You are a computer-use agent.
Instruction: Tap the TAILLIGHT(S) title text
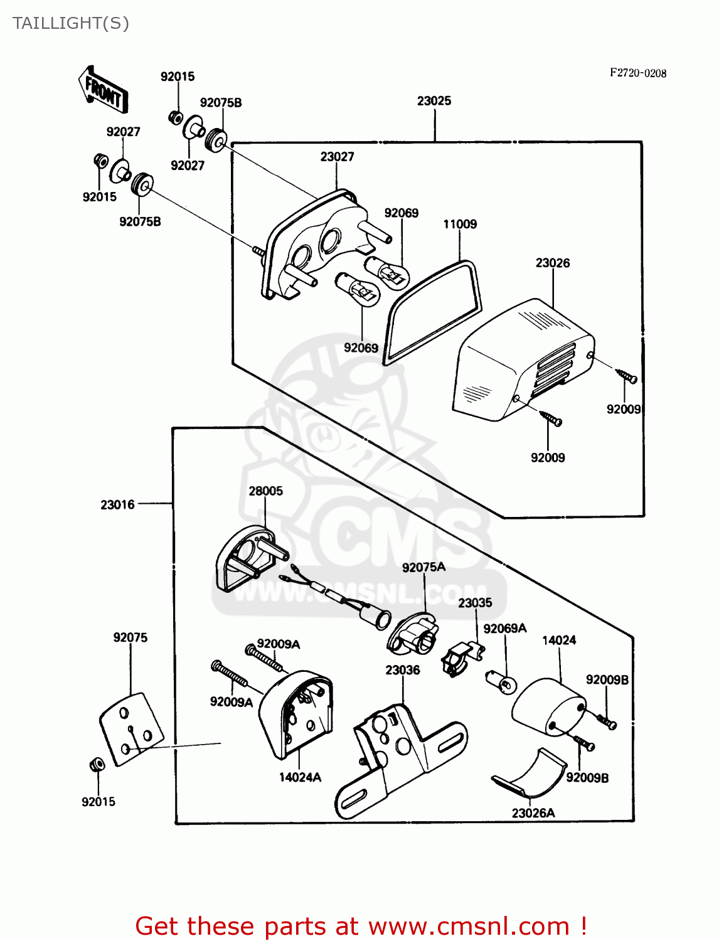tap(70, 23)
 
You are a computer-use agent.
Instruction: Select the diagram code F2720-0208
tap(638, 73)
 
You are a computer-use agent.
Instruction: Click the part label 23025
tap(434, 101)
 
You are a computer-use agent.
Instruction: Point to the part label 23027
tap(337, 157)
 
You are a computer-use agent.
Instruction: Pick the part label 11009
tap(460, 225)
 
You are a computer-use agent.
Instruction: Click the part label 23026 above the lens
tap(553, 263)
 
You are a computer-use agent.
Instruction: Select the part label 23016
tap(117, 504)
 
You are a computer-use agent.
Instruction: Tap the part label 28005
tap(265, 491)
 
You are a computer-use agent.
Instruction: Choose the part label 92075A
tap(423, 568)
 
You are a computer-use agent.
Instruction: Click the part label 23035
tap(475, 603)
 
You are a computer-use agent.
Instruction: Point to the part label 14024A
tap(300, 777)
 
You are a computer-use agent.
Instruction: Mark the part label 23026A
tap(533, 813)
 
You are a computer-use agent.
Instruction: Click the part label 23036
tap(403, 671)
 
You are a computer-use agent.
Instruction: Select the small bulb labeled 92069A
tap(501, 681)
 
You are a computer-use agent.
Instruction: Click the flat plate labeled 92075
tap(132, 729)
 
